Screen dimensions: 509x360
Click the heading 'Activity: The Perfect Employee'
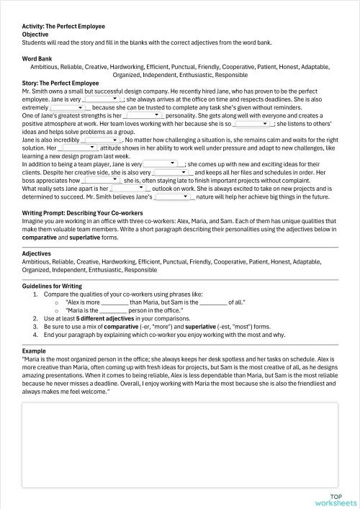pos(63,27)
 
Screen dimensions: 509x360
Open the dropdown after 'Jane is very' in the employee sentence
pos(104,100)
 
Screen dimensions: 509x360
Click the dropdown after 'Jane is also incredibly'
pos(102,139)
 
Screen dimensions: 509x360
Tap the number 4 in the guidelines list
pos(35,336)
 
